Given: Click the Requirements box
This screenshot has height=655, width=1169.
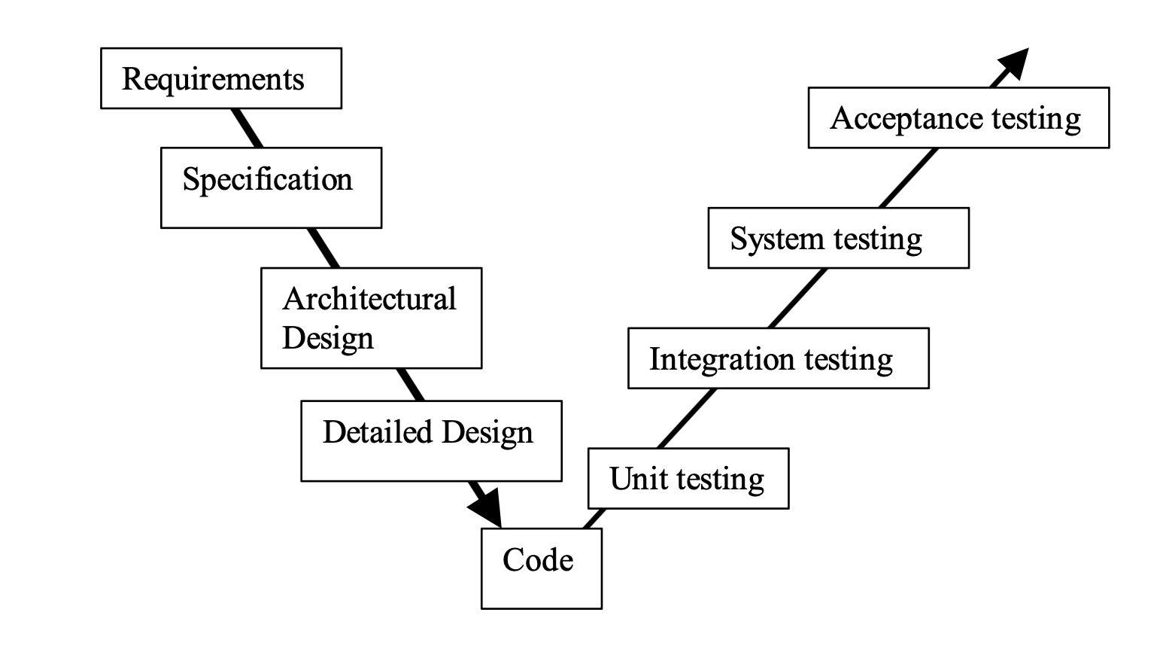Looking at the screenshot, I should tap(220, 78).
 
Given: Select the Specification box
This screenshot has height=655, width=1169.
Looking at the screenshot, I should tap(271, 187).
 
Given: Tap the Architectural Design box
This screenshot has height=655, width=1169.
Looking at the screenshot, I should tap(371, 318).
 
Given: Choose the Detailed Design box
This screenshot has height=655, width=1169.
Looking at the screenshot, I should tap(431, 440).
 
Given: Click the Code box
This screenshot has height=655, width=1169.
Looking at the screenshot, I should tap(541, 568).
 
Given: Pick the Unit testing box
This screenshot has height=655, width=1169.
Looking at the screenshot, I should tap(688, 478).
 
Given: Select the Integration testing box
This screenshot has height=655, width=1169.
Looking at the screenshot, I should tap(778, 358).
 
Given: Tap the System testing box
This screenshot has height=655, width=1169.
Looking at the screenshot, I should tap(838, 238).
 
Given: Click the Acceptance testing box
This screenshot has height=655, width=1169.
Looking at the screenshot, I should tap(958, 117).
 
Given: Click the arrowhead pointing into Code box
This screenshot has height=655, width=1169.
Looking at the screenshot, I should tap(487, 508).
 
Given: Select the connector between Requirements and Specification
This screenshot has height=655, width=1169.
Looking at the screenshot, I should tap(247, 128).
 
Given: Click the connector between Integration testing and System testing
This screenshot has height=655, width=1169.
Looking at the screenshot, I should tap(797, 298).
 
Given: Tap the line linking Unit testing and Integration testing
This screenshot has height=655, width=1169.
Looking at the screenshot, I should tap(687, 419).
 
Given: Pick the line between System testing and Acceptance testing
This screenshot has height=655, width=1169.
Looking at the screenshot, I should tap(909, 178).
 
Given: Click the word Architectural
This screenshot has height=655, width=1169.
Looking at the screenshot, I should tap(369, 299).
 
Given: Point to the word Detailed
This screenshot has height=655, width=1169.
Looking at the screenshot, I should tap(378, 432).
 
